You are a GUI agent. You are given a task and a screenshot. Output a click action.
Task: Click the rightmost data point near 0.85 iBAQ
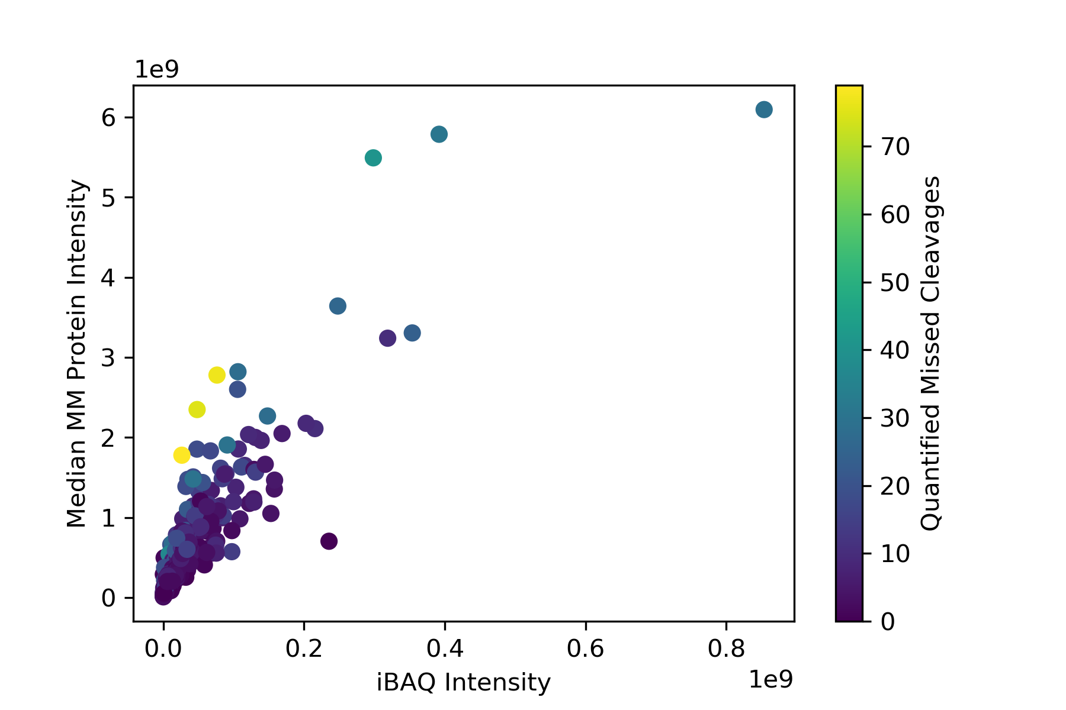[x=764, y=109]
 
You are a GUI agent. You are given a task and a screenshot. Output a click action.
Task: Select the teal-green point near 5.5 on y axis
[x=373, y=158]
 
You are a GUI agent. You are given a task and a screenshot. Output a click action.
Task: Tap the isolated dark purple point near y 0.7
[x=329, y=541]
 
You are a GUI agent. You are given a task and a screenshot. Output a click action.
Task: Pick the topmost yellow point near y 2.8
[x=217, y=375]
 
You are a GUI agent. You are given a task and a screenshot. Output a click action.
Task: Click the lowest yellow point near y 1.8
[x=182, y=455]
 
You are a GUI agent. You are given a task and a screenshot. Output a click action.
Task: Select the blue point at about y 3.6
[x=338, y=306]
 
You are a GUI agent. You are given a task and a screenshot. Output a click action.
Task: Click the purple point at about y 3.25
[x=387, y=338]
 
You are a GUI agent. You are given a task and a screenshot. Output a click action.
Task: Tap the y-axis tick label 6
[x=108, y=118]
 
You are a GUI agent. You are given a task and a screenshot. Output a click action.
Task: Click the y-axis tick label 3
[x=108, y=358]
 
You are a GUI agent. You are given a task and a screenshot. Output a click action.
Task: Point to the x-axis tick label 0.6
[x=585, y=649]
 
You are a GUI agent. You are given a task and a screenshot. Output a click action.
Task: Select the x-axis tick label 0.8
[x=726, y=649]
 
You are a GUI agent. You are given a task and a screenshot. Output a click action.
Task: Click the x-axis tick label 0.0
[x=163, y=649]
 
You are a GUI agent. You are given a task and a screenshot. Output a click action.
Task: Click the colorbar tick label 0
[x=888, y=622]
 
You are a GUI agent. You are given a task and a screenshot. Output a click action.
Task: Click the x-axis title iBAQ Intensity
[x=464, y=683]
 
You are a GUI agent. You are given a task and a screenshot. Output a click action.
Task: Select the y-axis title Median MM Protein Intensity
[x=77, y=354]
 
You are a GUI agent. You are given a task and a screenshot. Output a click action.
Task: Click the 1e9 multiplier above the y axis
[x=157, y=70]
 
